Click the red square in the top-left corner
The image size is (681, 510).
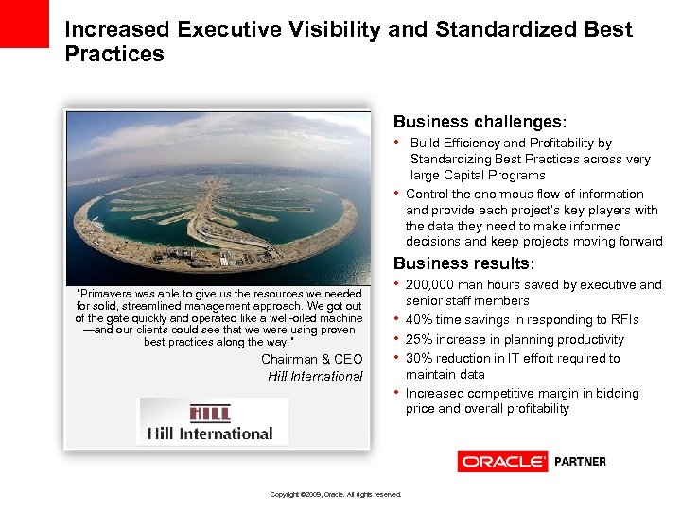click(24, 23)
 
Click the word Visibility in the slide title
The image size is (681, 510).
click(334, 29)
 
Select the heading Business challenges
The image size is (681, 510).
click(479, 122)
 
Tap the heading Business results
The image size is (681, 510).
click(463, 264)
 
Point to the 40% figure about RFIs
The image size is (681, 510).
click(420, 320)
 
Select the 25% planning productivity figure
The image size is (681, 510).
click(420, 339)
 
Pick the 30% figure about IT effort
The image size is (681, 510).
click(420, 358)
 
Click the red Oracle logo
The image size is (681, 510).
click(502, 462)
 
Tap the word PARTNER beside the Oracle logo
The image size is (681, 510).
click(580, 462)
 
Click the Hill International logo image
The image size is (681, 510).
click(214, 421)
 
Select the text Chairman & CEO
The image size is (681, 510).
click(311, 359)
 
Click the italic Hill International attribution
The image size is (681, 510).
click(315, 376)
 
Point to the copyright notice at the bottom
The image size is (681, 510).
click(336, 494)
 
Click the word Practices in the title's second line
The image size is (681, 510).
click(114, 54)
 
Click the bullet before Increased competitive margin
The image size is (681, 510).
click(397, 392)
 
